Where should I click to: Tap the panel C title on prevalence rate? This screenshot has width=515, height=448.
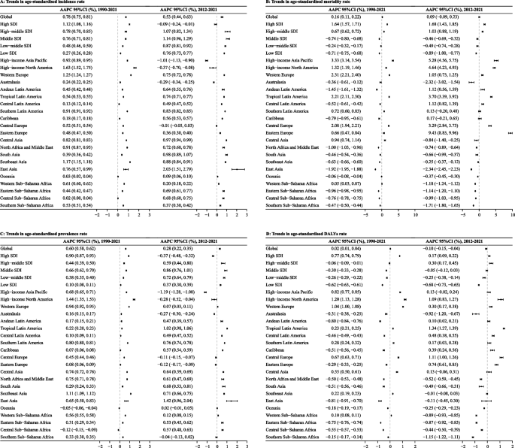click(x=50, y=229)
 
